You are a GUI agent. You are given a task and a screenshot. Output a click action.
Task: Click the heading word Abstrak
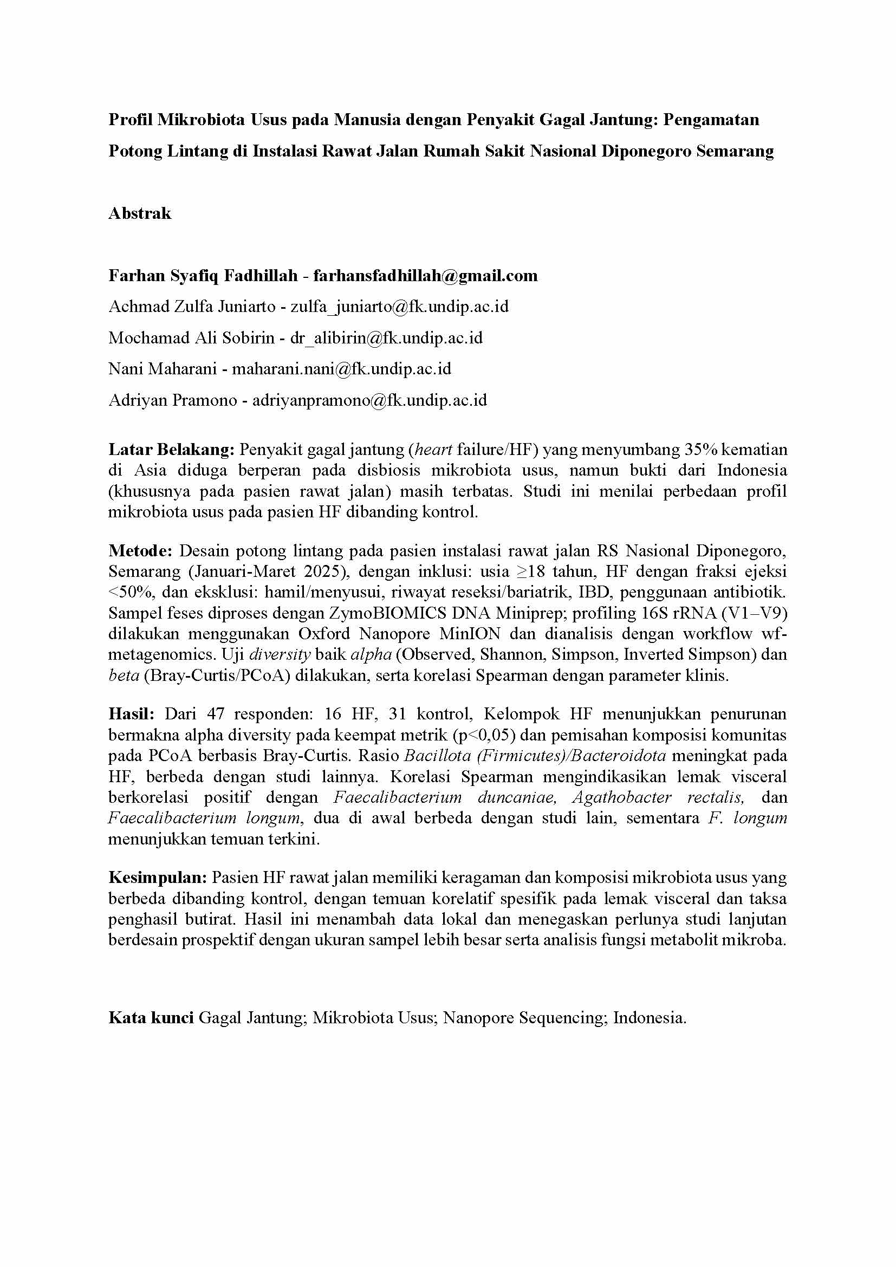140,213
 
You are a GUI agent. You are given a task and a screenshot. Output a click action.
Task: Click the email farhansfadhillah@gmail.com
425,275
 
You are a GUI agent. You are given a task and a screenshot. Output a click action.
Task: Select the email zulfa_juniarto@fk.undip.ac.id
399,306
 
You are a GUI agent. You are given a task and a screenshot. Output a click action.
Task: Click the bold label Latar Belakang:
172,449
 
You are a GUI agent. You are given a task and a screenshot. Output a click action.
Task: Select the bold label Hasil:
131,714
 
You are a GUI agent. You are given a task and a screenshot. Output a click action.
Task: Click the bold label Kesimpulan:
157,878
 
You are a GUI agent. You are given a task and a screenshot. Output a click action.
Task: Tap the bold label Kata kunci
151,1018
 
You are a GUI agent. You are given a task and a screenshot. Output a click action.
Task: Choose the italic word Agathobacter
622,797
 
